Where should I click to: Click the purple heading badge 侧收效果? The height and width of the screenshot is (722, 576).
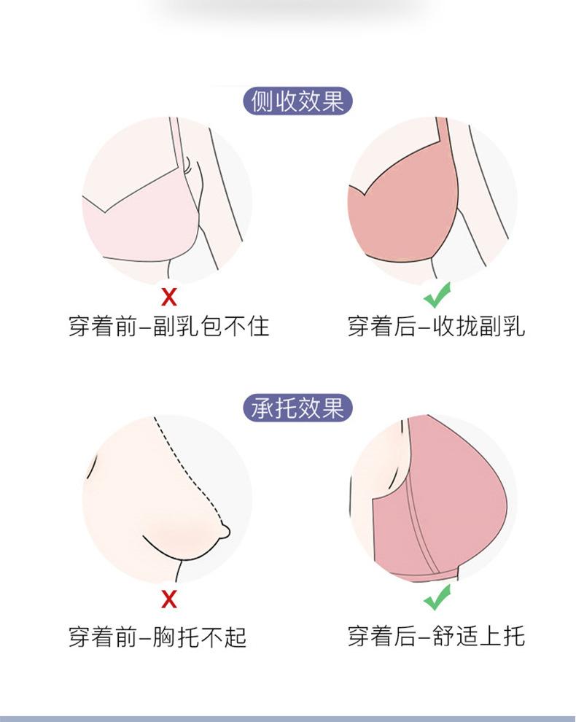[297, 101]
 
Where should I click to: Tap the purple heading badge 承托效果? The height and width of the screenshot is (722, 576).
[297, 408]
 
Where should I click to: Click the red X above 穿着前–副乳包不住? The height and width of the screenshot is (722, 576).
[168, 297]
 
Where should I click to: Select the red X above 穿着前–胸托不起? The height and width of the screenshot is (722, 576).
[168, 599]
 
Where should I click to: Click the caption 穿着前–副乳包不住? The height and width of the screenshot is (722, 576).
[168, 325]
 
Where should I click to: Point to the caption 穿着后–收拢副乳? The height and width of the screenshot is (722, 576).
[436, 325]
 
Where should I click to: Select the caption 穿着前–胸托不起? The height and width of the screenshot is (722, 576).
[157, 636]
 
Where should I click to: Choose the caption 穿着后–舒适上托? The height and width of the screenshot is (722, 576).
[436, 636]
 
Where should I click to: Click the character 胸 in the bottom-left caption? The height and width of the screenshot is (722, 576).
[169, 636]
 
